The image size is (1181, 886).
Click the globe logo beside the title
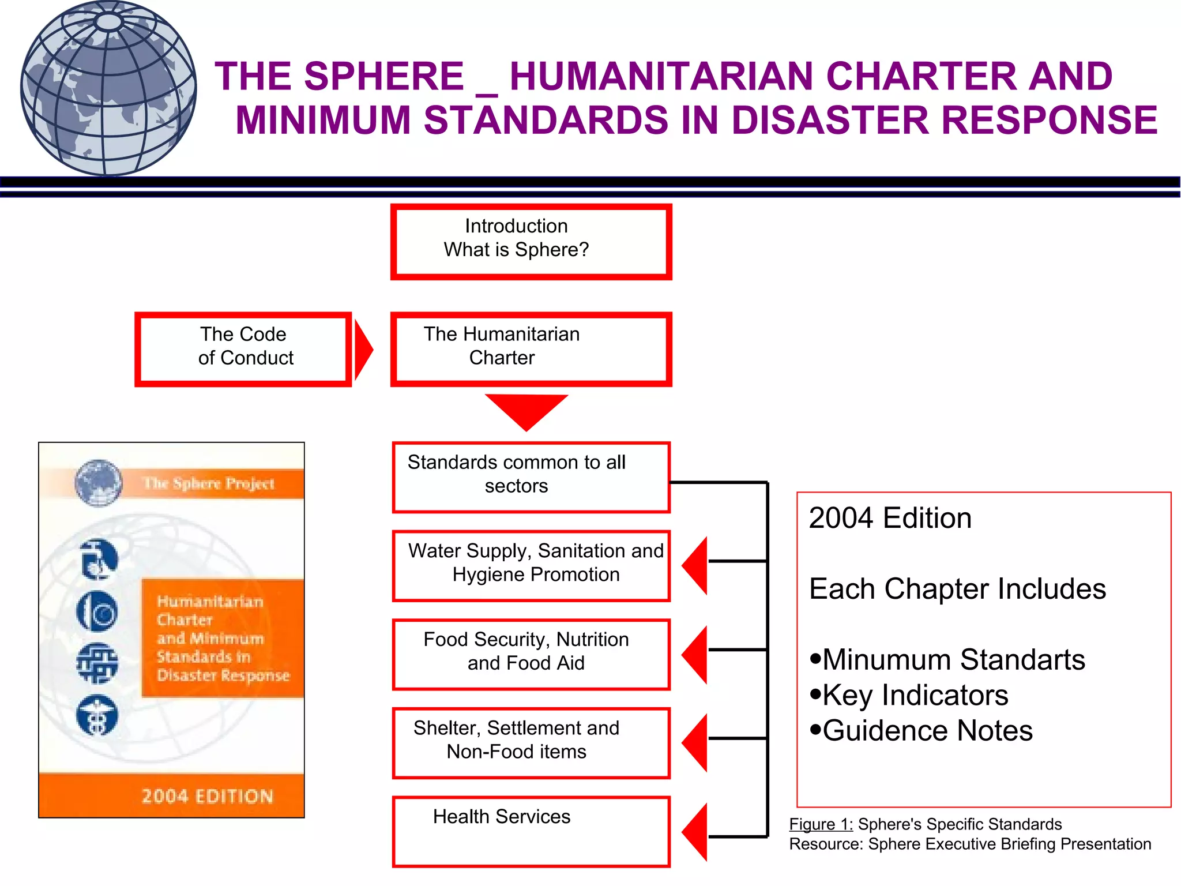pos(108,88)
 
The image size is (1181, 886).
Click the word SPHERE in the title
pos(383,77)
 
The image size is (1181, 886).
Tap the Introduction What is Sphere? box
pos(531,241)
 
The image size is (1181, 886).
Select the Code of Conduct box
pos(243,348)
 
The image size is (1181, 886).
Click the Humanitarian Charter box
pos(531,348)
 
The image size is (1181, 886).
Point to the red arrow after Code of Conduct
pos(363,350)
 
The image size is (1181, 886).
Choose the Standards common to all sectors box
pos(531,477)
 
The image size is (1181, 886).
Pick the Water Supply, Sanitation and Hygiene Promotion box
pos(531,565)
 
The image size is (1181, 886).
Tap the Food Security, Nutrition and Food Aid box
pos(531,654)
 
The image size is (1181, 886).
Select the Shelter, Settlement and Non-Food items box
pos(531,743)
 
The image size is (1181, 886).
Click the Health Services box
pos(531,831)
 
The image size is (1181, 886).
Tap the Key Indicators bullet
pos(915,695)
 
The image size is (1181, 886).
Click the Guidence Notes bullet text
pos(927,731)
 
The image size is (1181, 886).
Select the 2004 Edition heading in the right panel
pos(890,518)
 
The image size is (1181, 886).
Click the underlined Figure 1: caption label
pos(821,824)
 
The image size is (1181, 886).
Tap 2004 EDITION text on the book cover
pos(207,796)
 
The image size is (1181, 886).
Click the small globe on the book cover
pos(99,483)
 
